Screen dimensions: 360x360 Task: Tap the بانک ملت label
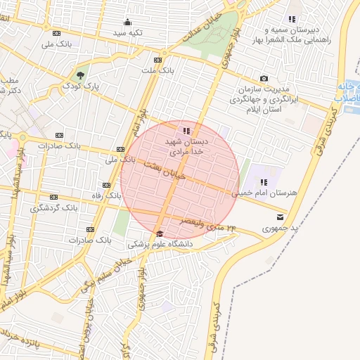pyautogui.click(x=156, y=71)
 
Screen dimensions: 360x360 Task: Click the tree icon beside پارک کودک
pyautogui.click(x=81, y=74)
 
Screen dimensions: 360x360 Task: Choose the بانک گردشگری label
pyautogui.click(x=53, y=208)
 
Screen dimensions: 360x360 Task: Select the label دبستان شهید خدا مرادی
pyautogui.click(x=184, y=146)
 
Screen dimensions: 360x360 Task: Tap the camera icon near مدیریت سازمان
pyautogui.click(x=264, y=79)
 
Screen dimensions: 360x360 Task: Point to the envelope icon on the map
pyautogui.click(x=281, y=217)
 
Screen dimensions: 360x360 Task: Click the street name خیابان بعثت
pyautogui.click(x=165, y=170)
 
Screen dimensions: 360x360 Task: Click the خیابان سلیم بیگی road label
pyautogui.click(x=97, y=278)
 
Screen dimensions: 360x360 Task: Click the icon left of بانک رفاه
pyautogui.click(x=106, y=186)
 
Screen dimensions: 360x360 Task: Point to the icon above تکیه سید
pyautogui.click(x=127, y=21)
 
